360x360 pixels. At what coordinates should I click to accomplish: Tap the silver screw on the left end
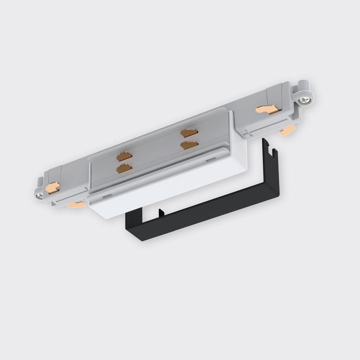point(40,196)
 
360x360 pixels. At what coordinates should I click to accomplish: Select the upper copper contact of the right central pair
point(189,132)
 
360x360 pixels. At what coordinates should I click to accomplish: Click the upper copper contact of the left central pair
point(124,156)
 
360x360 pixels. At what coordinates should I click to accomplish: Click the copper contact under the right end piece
point(288,129)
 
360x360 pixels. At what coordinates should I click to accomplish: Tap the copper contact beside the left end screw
point(52,187)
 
